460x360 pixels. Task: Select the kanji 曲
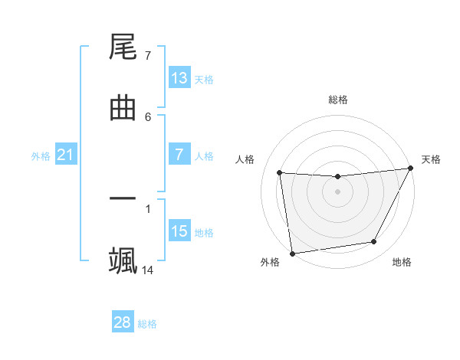tap(123, 109)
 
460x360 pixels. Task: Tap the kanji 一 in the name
tap(123, 199)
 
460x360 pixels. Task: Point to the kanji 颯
tap(123, 260)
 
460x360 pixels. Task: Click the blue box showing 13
tap(179, 78)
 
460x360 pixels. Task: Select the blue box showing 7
tap(179, 155)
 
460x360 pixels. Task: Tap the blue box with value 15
tap(179, 231)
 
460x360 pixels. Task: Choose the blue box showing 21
tap(65, 155)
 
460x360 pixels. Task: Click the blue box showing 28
tap(123, 322)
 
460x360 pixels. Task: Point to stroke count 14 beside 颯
tap(148, 270)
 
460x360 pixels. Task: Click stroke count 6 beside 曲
tap(148, 116)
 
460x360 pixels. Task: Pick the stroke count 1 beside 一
tap(148, 208)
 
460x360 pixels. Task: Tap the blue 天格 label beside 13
tap(203, 80)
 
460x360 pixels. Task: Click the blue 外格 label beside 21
tap(41, 156)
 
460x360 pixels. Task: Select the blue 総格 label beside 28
tap(147, 324)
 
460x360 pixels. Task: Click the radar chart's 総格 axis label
tap(338, 100)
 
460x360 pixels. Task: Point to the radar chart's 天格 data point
tap(410, 169)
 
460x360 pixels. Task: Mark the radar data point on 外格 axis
tap(292, 253)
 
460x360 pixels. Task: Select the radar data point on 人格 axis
tap(280, 172)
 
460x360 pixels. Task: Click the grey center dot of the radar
tap(338, 191)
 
